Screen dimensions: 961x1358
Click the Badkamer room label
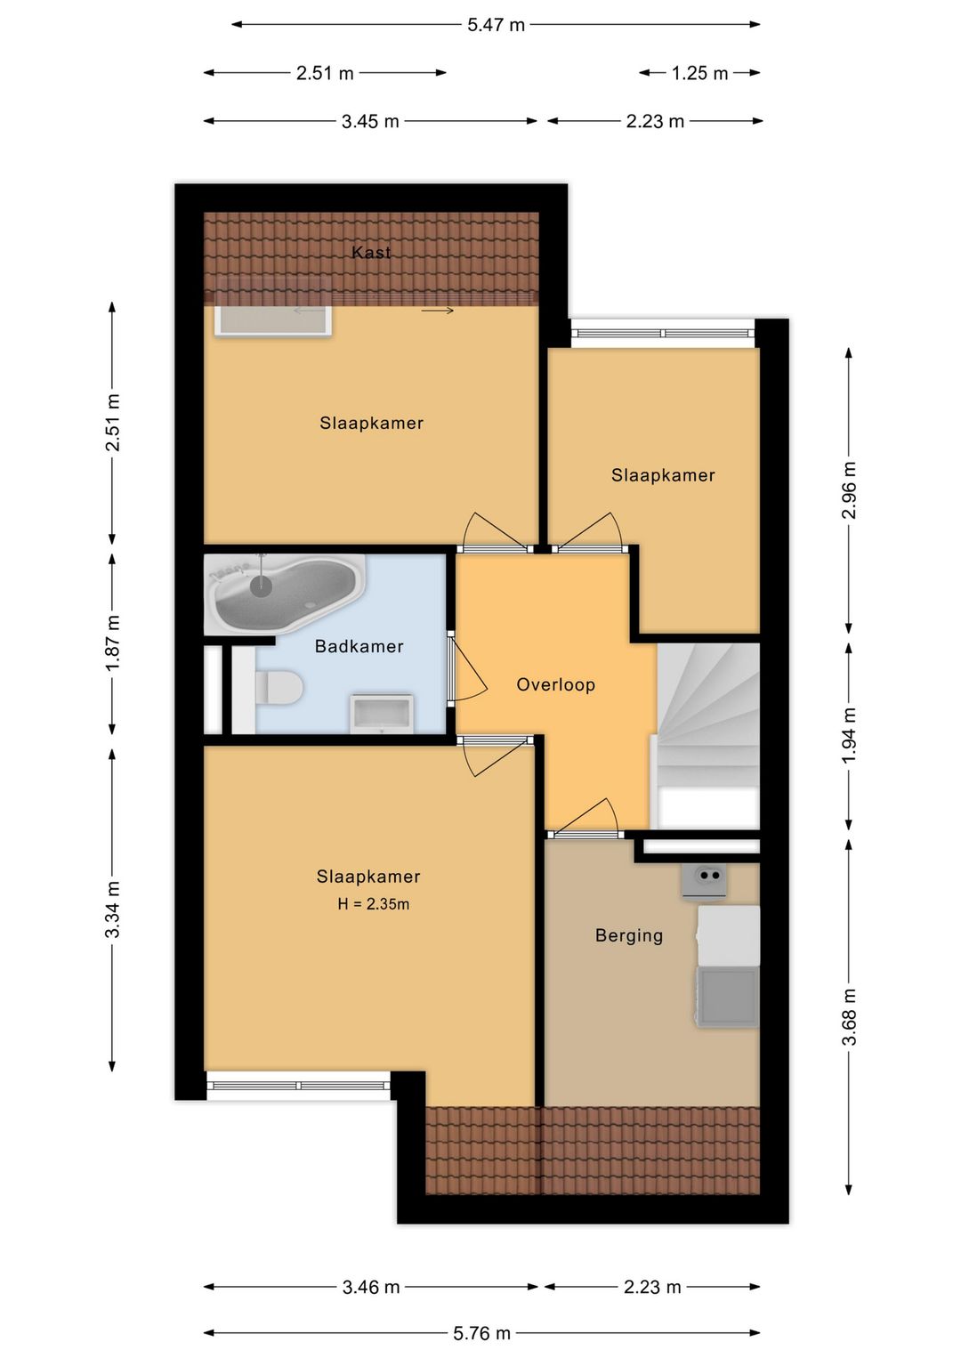pos(359,646)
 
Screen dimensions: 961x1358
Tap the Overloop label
pos(555,685)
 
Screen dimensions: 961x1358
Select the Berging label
pos(629,935)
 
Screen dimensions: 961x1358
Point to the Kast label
pos(371,252)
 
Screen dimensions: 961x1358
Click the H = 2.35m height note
pos(374,904)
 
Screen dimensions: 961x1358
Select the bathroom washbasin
pos(382,714)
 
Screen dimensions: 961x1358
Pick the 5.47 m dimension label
pos(496,25)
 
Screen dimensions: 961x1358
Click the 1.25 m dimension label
pos(699,73)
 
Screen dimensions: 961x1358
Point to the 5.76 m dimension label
pos(482,1333)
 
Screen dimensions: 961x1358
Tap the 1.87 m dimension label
pos(113,643)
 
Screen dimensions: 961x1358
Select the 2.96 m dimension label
pos(850,489)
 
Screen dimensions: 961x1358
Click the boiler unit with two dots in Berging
pos(704,882)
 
